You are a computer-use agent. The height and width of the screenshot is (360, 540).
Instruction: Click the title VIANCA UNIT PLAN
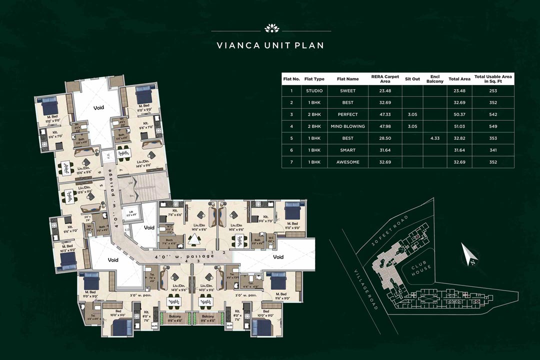click(x=270, y=45)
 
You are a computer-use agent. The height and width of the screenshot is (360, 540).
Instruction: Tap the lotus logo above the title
click(x=270, y=27)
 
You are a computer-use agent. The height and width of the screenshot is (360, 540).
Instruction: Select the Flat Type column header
click(x=314, y=79)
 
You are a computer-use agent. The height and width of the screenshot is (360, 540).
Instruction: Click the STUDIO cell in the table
click(x=314, y=91)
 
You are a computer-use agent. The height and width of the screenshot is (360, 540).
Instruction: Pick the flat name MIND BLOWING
click(x=347, y=126)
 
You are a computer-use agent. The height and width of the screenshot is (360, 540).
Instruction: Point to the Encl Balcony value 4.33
click(x=435, y=138)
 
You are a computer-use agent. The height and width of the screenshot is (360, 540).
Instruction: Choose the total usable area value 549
click(x=493, y=126)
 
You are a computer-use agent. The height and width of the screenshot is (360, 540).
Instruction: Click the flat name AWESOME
click(x=347, y=162)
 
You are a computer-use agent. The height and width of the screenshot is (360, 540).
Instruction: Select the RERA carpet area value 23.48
click(x=384, y=91)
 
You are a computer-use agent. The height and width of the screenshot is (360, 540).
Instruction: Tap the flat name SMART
click(x=347, y=150)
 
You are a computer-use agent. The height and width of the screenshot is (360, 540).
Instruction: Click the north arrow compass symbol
click(x=469, y=254)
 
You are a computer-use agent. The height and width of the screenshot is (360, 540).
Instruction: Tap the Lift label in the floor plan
click(x=131, y=213)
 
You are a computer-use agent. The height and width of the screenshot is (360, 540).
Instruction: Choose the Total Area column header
click(x=459, y=79)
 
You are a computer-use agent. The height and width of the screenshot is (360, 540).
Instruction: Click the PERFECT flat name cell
click(x=347, y=114)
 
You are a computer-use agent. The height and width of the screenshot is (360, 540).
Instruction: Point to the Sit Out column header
click(x=412, y=79)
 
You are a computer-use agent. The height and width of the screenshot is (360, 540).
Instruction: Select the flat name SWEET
click(x=347, y=91)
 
